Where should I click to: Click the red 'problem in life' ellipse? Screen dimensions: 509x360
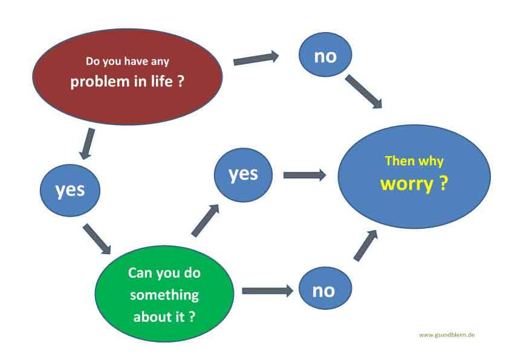click(127, 77)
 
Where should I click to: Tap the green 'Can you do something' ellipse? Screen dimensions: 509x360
click(164, 293)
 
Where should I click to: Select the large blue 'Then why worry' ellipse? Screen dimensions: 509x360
click(414, 177)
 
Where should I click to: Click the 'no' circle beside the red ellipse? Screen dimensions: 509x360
click(325, 54)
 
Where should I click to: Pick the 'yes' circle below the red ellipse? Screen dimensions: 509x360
click(70, 191)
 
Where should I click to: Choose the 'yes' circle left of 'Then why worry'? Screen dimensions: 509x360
click(243, 175)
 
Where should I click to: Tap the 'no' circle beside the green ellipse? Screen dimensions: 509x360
click(325, 288)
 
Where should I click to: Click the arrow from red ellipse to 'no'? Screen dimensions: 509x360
click(256, 59)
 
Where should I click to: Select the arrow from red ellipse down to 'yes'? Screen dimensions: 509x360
click(88, 143)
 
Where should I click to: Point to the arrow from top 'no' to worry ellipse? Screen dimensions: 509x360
click(363, 91)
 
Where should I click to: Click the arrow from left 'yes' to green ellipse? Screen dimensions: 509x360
click(97, 239)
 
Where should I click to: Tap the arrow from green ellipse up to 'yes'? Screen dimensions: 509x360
click(206, 220)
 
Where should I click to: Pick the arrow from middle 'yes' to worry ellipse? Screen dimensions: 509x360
click(305, 175)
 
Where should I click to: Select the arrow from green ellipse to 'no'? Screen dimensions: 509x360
click(268, 290)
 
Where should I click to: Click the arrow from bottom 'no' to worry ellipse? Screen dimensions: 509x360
click(366, 245)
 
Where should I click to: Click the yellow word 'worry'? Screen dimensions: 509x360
click(407, 184)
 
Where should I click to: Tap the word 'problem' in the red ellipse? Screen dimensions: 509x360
click(100, 82)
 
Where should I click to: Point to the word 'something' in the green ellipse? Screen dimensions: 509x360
click(164, 295)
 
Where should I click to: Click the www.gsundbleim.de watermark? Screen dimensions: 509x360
click(447, 335)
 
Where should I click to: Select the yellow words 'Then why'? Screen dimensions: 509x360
click(414, 162)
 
